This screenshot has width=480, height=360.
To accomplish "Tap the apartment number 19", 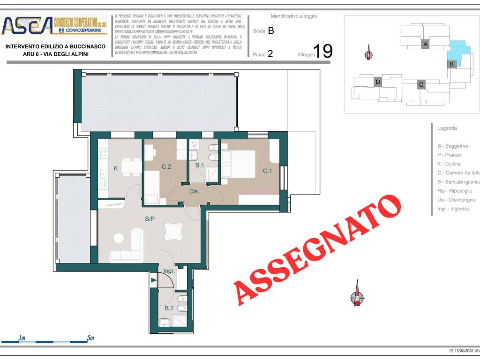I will (x=322, y=51).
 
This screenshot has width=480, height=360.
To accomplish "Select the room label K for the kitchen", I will (x=115, y=168).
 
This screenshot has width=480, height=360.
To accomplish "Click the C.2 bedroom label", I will (x=166, y=166).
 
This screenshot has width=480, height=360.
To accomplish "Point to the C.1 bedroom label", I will (x=267, y=171).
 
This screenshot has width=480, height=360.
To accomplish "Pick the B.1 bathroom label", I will (x=200, y=165).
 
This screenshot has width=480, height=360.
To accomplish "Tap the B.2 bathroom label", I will (x=169, y=308).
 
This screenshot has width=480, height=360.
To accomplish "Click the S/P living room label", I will (x=150, y=218).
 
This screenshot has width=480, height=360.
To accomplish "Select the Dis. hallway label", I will (x=195, y=191).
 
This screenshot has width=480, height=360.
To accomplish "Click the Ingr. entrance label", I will (x=169, y=271).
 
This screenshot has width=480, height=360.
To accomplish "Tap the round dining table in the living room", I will (x=174, y=231).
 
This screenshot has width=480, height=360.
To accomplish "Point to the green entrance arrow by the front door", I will (x=154, y=280).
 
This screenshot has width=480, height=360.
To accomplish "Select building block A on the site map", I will (x=425, y=44).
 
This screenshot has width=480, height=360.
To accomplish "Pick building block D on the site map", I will (x=377, y=83).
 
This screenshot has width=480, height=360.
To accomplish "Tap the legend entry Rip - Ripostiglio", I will (x=455, y=191).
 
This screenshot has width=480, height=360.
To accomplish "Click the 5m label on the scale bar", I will (x=90, y=338).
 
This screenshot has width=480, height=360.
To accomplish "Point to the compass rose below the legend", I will (x=357, y=296).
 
